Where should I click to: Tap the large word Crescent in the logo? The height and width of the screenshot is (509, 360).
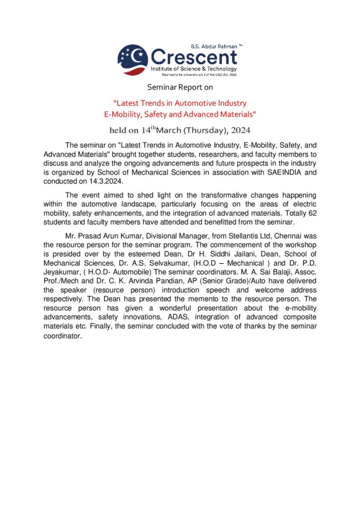(194, 56)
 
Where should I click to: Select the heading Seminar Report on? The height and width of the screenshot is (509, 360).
(180, 88)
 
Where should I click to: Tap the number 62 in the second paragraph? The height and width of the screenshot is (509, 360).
(313, 214)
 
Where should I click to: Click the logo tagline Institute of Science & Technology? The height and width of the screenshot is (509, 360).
(193, 68)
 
